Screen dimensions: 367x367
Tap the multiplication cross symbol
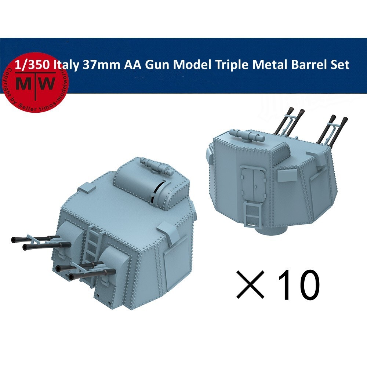(251, 285)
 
